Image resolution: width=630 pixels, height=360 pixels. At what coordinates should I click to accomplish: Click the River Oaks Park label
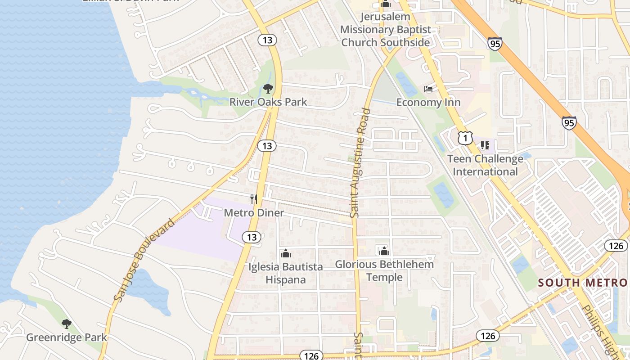click(268, 102)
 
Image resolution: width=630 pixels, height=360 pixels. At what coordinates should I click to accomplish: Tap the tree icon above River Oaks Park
click(268, 88)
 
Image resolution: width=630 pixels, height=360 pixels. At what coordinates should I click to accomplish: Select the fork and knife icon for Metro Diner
click(254, 199)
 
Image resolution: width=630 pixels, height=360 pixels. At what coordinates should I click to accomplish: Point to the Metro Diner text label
click(254, 212)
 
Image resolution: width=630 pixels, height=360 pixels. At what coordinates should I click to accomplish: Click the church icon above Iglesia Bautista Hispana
click(286, 254)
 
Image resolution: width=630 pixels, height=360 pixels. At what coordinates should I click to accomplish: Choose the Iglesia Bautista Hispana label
click(286, 273)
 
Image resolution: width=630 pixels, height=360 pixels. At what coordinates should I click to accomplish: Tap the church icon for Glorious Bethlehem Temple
click(384, 251)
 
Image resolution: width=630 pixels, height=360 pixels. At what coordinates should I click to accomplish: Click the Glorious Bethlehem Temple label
click(384, 270)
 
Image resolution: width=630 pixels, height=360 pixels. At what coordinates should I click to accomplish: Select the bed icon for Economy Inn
click(428, 89)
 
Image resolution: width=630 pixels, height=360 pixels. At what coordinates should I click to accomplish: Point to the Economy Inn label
click(428, 102)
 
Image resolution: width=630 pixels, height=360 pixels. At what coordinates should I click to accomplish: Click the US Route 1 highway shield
click(465, 138)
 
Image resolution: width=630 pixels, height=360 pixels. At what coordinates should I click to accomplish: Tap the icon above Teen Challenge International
click(485, 145)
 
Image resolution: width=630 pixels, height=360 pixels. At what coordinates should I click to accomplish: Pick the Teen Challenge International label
click(485, 165)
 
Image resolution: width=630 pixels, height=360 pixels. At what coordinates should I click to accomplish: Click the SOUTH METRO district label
click(582, 283)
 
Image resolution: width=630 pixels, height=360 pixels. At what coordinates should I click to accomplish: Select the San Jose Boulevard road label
click(144, 260)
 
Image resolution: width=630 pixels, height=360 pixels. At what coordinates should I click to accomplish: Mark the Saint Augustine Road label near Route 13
click(360, 163)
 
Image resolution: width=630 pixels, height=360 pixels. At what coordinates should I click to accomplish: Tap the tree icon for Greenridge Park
click(67, 324)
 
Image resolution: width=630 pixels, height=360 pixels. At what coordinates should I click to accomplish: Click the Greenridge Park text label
click(67, 337)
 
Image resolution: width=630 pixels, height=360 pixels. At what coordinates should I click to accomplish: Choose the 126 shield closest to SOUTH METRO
click(615, 245)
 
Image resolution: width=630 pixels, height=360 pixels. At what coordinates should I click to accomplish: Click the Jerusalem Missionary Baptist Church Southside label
click(385, 30)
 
